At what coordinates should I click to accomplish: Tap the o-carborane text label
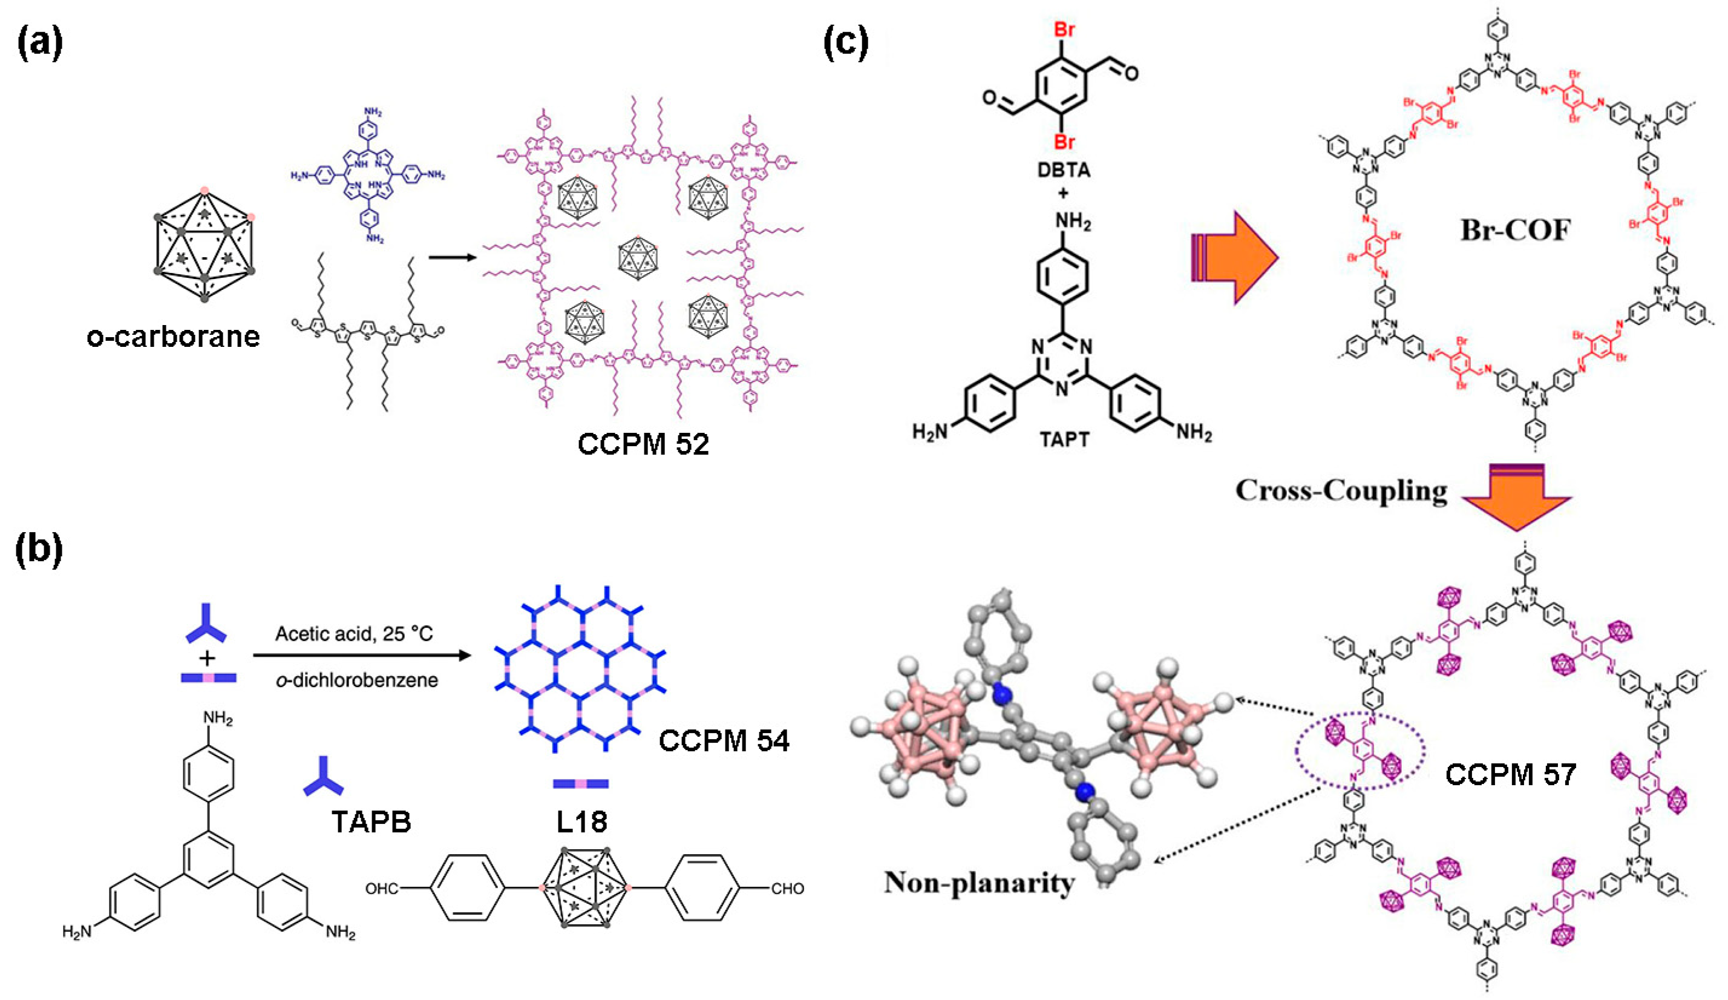point(174,337)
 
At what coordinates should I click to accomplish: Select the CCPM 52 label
point(643,444)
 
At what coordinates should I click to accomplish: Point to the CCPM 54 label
point(724,741)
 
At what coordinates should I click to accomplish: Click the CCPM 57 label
point(1511,775)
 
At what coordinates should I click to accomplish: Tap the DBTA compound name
point(1064,170)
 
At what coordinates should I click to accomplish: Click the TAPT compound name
point(1064,438)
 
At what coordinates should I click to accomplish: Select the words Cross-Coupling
point(1341,491)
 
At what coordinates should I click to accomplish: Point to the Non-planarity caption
point(979,883)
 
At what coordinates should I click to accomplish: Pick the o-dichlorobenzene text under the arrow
point(356,680)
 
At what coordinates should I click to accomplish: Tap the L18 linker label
point(581,821)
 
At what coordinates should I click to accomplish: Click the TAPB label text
point(371,821)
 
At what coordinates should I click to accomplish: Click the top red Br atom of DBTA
point(1064,31)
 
